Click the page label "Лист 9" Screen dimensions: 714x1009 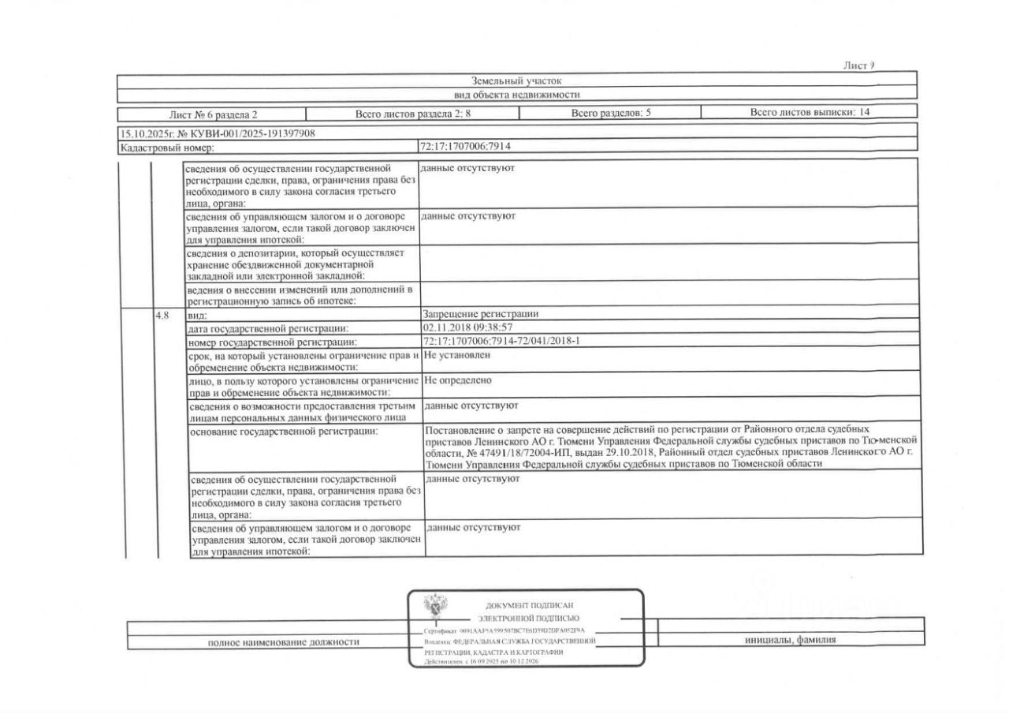pos(858,65)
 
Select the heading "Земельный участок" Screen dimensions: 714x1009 pos(516,80)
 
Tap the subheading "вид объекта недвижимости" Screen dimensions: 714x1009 pos(516,95)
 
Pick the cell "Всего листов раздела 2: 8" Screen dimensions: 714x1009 pos(412,113)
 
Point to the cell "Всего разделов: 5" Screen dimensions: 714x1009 pos(611,113)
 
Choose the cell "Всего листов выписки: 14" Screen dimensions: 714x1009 pos(810,112)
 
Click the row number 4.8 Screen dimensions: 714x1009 pos(162,314)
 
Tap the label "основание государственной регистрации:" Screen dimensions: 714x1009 pos(285,431)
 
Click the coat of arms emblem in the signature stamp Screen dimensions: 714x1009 pos(436,608)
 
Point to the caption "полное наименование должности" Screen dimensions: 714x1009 pos(284,641)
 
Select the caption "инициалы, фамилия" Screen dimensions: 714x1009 pos(790,640)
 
